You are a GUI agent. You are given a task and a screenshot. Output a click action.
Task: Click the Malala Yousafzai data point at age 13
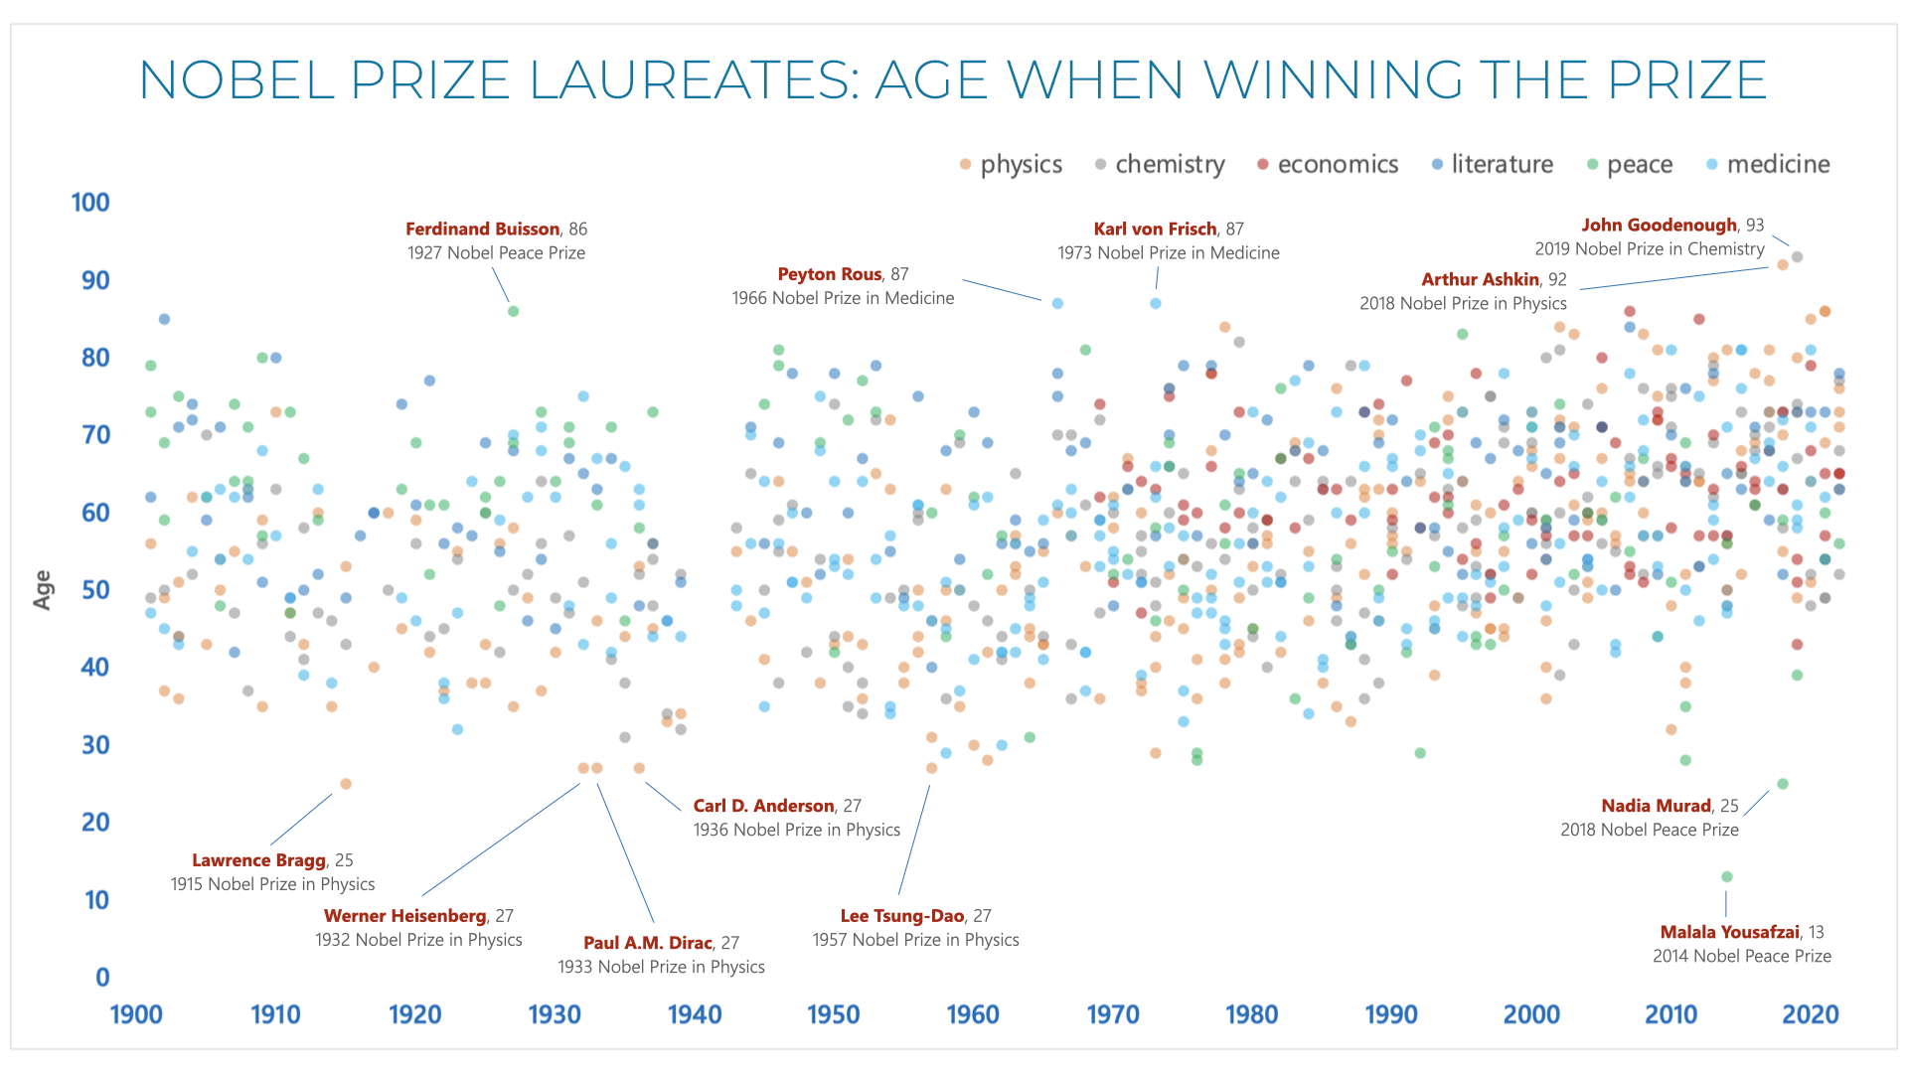click(x=1727, y=876)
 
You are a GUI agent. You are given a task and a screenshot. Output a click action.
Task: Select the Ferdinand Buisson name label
click(x=482, y=229)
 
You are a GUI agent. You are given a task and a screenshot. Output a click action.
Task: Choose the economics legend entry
click(x=1328, y=164)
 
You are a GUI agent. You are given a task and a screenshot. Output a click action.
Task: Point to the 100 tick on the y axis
click(x=90, y=203)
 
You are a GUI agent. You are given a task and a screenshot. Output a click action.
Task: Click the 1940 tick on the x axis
click(x=695, y=1014)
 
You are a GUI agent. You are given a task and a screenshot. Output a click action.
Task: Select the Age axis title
click(x=43, y=589)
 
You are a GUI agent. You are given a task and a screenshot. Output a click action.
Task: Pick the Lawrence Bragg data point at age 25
click(x=346, y=784)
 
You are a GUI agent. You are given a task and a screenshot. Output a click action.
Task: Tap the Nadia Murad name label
click(x=1656, y=806)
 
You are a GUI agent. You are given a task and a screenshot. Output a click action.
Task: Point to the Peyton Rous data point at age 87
click(x=1057, y=303)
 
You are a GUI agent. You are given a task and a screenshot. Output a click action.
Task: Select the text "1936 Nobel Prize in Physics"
click(x=797, y=830)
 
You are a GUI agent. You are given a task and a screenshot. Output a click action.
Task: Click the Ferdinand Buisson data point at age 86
click(x=514, y=311)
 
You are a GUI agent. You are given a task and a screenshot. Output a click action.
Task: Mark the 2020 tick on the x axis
click(x=1811, y=1014)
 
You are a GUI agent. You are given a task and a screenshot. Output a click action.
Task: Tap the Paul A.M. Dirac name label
click(x=648, y=943)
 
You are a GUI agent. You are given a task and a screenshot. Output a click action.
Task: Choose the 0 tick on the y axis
click(x=102, y=978)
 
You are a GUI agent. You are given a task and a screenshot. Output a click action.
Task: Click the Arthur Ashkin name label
click(x=1480, y=279)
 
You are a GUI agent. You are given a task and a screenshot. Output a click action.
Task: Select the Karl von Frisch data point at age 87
click(x=1156, y=303)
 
